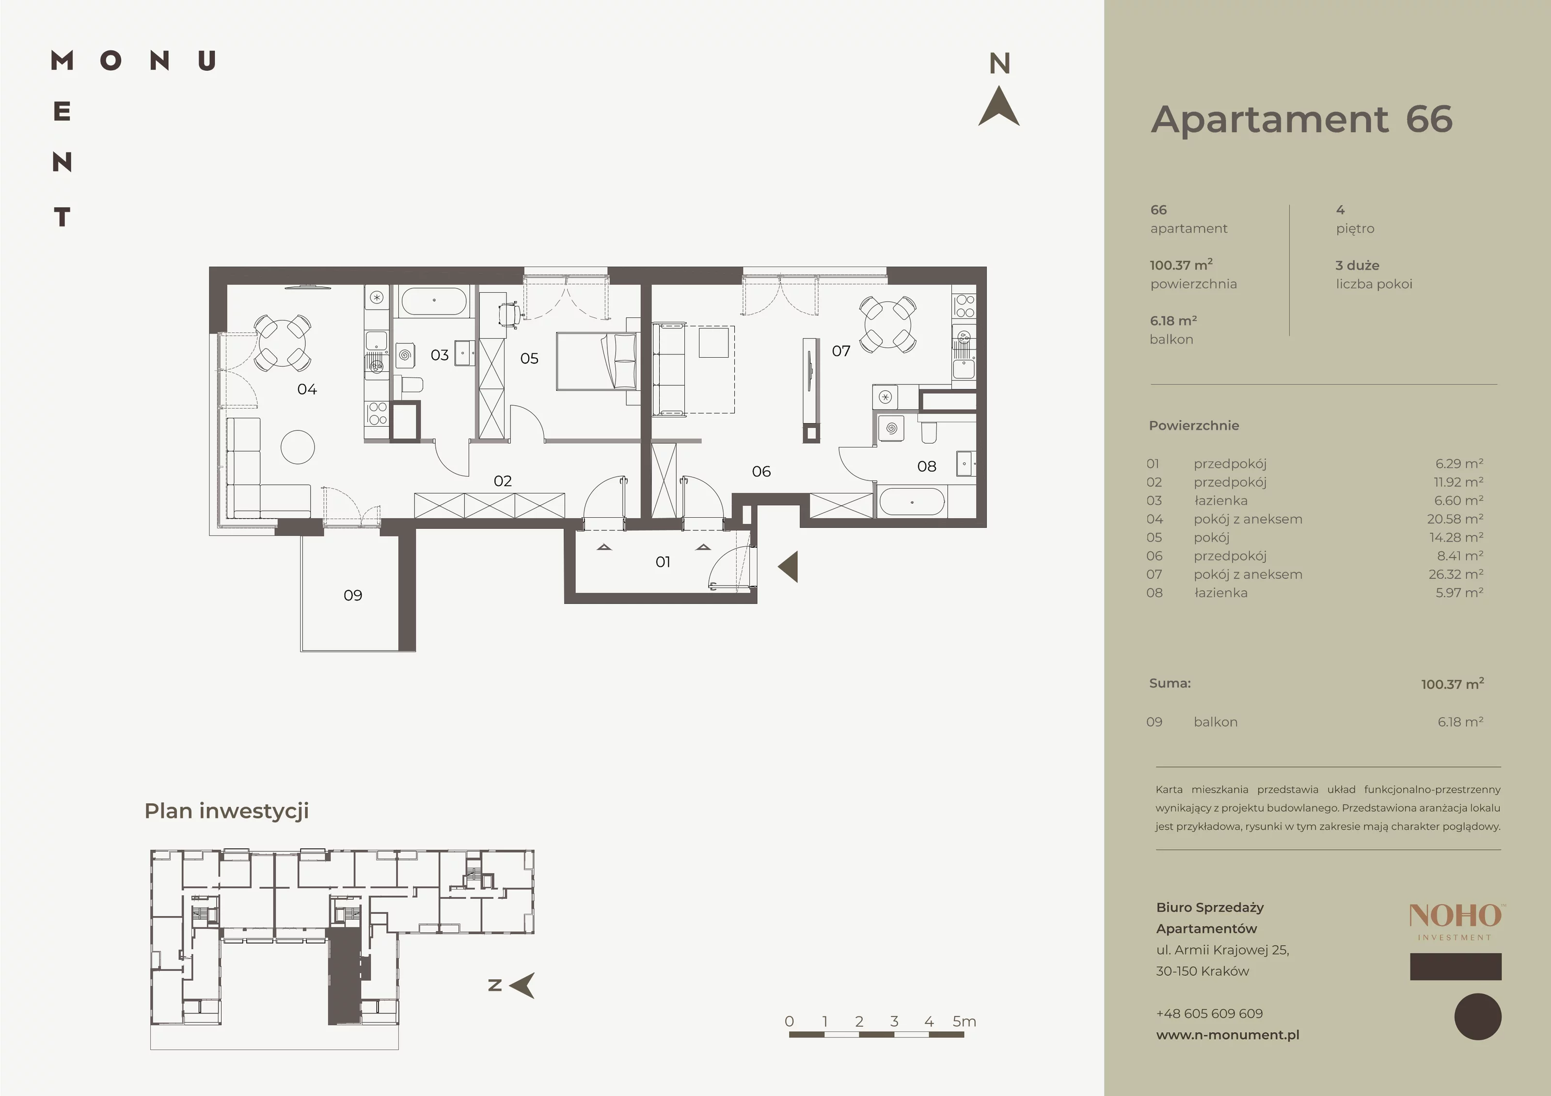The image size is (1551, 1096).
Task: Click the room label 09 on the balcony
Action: (353, 595)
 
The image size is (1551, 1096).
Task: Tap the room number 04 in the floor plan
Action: (307, 389)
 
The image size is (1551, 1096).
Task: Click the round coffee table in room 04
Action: (298, 446)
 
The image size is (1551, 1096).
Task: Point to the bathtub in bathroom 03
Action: (434, 302)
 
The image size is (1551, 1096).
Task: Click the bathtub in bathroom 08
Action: (912, 502)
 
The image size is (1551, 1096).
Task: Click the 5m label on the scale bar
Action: (965, 1021)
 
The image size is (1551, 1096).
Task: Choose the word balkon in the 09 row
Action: (1215, 722)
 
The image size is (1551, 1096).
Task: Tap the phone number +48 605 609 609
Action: (1209, 1014)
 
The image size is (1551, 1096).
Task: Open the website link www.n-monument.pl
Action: (1227, 1034)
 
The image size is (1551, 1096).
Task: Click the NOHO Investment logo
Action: (1455, 921)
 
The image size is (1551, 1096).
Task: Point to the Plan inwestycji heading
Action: (227, 811)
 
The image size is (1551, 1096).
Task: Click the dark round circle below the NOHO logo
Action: (1478, 1017)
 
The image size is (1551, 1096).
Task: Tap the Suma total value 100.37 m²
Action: (1453, 684)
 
